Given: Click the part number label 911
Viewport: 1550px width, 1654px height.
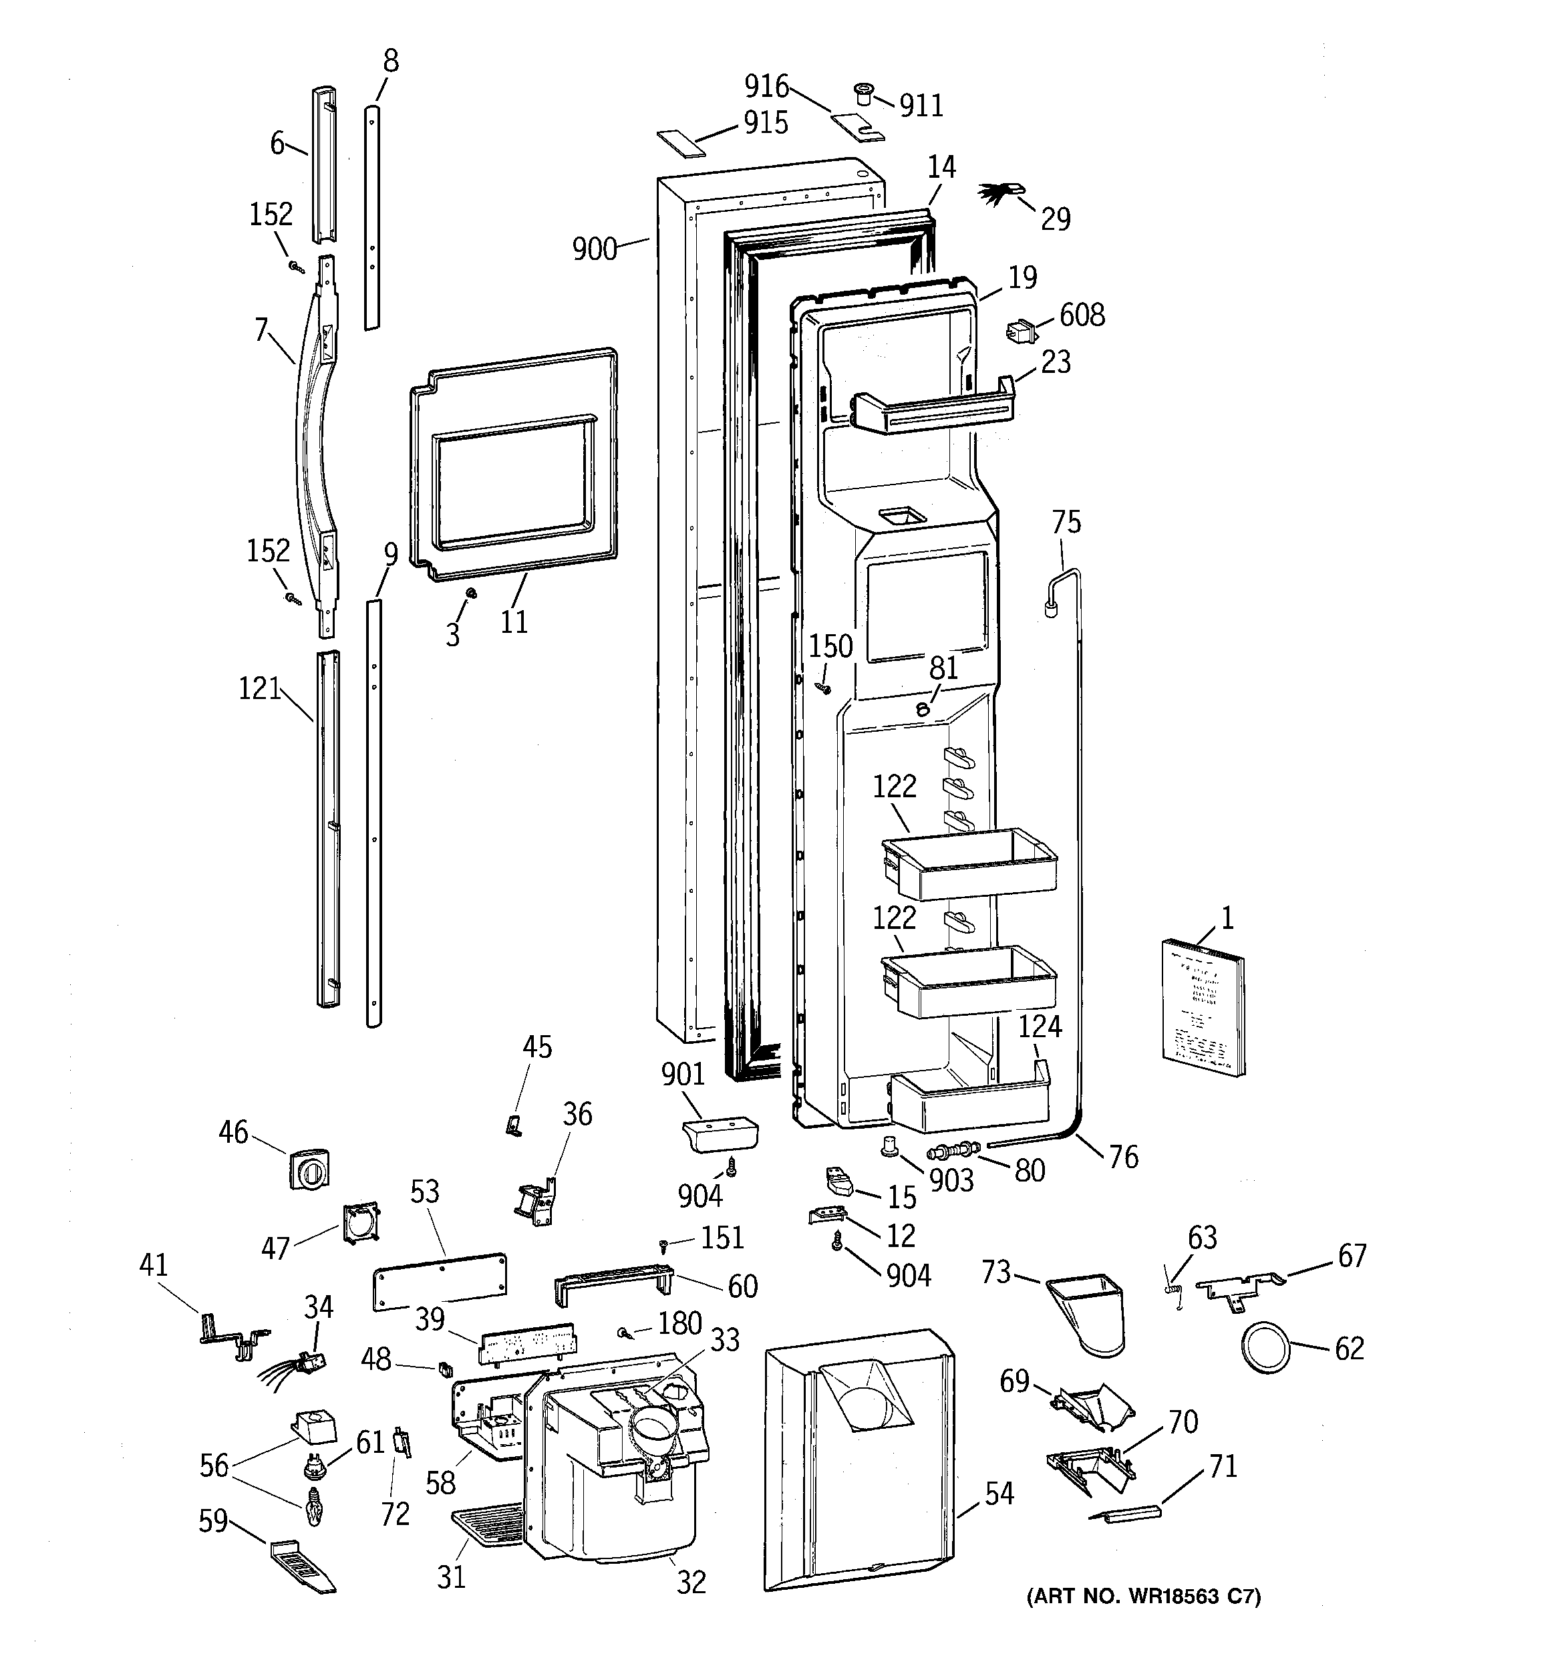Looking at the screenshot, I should [921, 106].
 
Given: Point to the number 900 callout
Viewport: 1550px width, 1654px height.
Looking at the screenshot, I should [594, 249].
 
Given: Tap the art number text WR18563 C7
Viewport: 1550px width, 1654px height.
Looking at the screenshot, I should [1144, 1597].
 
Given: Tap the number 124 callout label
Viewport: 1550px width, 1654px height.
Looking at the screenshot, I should [1040, 1026].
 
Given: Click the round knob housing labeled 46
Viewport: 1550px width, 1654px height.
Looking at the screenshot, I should [309, 1169].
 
